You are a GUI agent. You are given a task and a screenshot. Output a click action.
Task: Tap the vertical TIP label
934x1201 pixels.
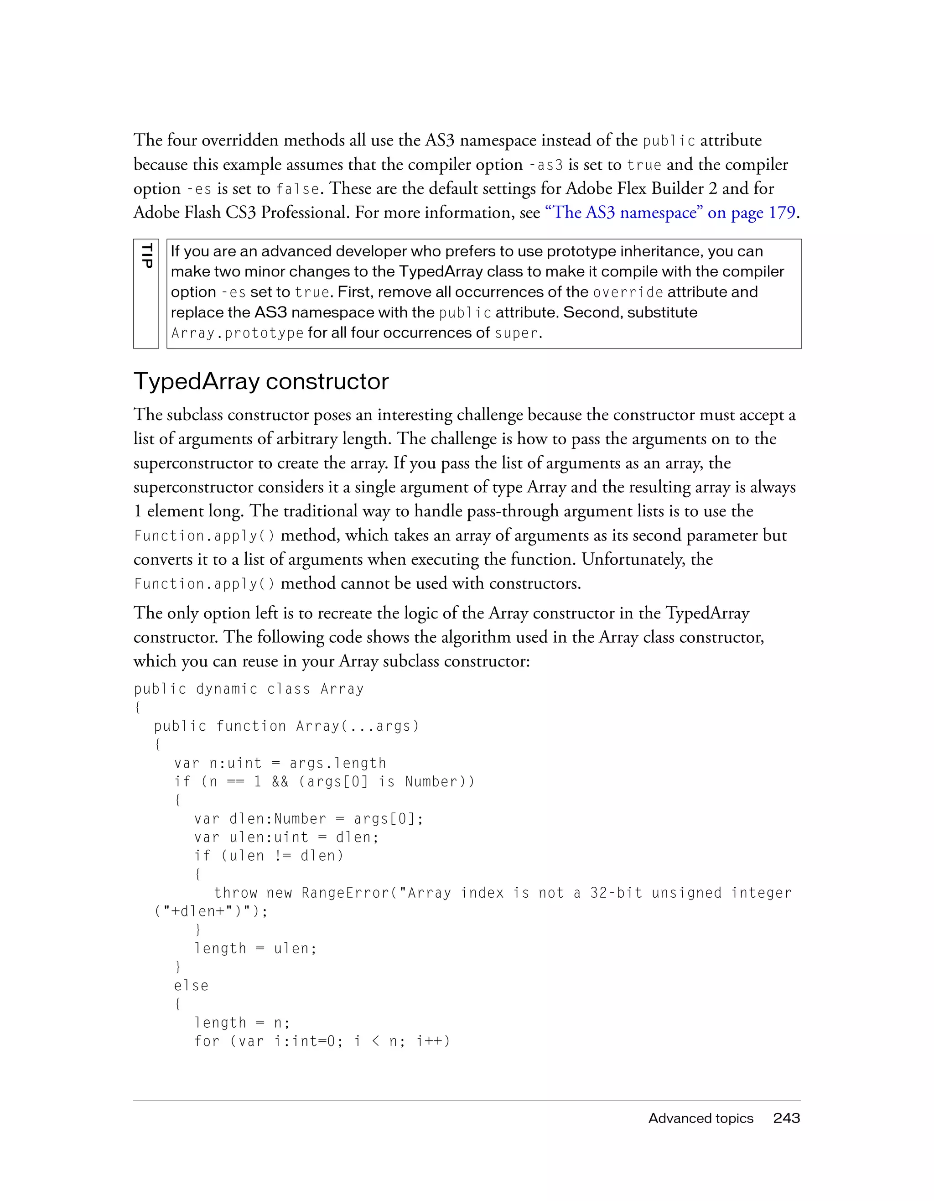pos(146,256)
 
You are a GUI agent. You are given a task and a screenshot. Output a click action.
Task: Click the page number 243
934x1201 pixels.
pos(786,1118)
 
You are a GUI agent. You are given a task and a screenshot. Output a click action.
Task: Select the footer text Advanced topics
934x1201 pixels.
pos(700,1118)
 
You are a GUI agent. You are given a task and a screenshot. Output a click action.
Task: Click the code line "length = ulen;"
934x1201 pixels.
pos(255,948)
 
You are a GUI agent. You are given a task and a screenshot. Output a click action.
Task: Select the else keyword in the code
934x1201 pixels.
pos(191,985)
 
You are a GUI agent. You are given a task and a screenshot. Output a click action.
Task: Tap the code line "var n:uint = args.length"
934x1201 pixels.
pos(280,763)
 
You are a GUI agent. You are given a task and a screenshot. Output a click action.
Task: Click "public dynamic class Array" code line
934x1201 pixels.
pos(249,689)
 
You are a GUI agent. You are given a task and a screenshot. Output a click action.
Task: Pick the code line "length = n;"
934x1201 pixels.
pos(242,1022)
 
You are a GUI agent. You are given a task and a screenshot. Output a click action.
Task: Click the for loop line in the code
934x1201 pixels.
pos(322,1041)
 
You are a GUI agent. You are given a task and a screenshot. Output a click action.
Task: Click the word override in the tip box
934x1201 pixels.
pos(628,292)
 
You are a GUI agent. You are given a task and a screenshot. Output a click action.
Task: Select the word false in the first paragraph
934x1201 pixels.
pos(297,189)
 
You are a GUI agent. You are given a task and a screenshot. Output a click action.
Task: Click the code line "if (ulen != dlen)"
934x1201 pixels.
pos(268,856)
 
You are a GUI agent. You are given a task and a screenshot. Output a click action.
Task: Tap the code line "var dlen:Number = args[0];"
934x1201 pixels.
pos(308,819)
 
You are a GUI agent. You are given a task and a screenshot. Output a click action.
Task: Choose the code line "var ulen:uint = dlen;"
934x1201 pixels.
pos(286,837)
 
